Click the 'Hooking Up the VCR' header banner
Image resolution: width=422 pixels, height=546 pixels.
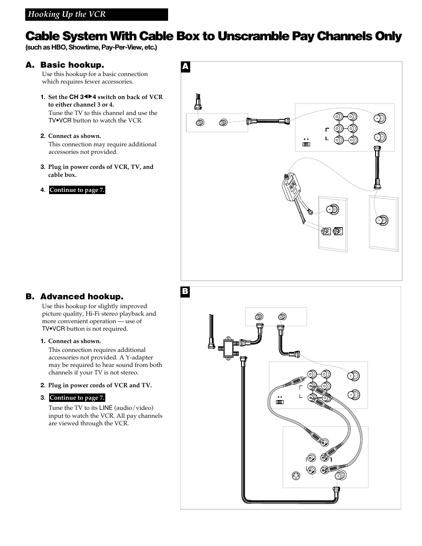pyautogui.click(x=96, y=14)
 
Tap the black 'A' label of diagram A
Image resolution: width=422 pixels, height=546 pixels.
pyautogui.click(x=185, y=67)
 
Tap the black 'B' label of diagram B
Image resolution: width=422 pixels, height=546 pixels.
pyautogui.click(x=185, y=292)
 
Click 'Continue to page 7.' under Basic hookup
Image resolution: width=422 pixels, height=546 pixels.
pyautogui.click(x=77, y=190)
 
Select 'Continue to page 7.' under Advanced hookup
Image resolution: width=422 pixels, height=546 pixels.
pyautogui.click(x=77, y=398)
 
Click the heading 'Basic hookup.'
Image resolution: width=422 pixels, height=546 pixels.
pyautogui.click(x=72, y=65)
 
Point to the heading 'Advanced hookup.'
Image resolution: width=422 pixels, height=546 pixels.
pyautogui.click(x=82, y=297)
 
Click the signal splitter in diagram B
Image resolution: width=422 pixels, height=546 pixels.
pyautogui.click(x=228, y=348)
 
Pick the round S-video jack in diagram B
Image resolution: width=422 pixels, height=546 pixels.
pyautogui.click(x=296, y=476)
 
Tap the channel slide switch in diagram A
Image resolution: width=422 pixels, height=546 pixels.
pyautogui.click(x=306, y=144)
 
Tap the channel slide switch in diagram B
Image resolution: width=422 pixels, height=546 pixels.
pyautogui.click(x=280, y=402)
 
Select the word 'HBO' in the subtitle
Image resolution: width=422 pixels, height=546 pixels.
pyautogui.click(x=58, y=47)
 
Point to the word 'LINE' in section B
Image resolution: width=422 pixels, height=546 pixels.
pyautogui.click(x=106, y=408)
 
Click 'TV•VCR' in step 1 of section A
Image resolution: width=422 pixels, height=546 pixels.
pyautogui.click(x=60, y=121)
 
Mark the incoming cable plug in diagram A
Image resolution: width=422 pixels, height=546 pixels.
pyautogui.click(x=198, y=102)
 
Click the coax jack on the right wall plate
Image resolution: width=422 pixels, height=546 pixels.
pyautogui.click(x=382, y=220)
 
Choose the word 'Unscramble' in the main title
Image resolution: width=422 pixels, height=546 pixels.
pyautogui.click(x=253, y=36)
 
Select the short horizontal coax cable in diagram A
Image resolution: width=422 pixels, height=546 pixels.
pyautogui.click(x=268, y=121)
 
